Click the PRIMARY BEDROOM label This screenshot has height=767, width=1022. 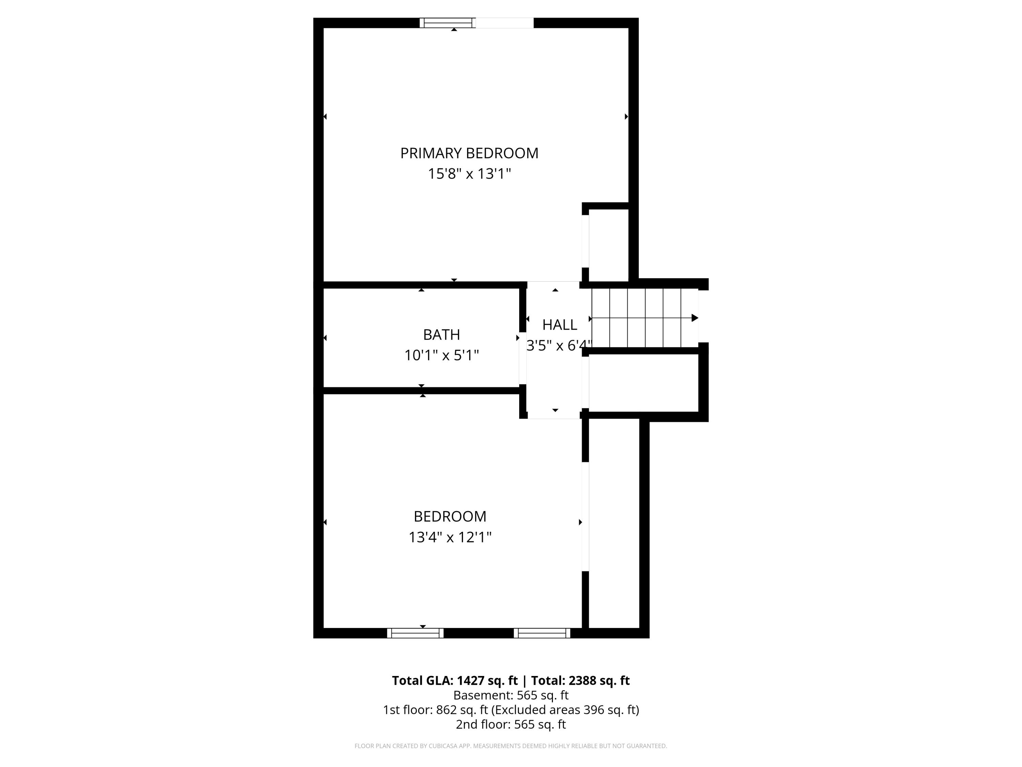(x=469, y=153)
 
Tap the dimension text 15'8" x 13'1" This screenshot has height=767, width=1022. (x=469, y=174)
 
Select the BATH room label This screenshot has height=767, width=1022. (x=441, y=334)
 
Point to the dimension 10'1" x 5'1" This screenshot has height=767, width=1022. (x=441, y=355)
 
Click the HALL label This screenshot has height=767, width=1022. (x=559, y=325)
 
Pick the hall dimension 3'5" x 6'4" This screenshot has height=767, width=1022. (x=559, y=345)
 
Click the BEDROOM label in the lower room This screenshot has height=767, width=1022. (x=450, y=516)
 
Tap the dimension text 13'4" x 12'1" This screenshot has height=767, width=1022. (x=450, y=537)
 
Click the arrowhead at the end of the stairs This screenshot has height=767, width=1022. (x=694, y=318)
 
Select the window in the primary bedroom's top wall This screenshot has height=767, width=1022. (x=447, y=22)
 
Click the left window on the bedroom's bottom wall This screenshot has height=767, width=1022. (x=415, y=633)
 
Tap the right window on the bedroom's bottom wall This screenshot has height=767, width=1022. (x=542, y=633)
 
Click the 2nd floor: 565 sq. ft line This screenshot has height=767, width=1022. (x=511, y=724)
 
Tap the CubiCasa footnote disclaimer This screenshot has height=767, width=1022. (x=511, y=746)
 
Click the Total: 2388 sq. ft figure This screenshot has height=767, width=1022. (x=580, y=680)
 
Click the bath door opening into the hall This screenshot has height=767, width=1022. (x=523, y=358)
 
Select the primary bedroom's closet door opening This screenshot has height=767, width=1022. (x=585, y=241)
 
